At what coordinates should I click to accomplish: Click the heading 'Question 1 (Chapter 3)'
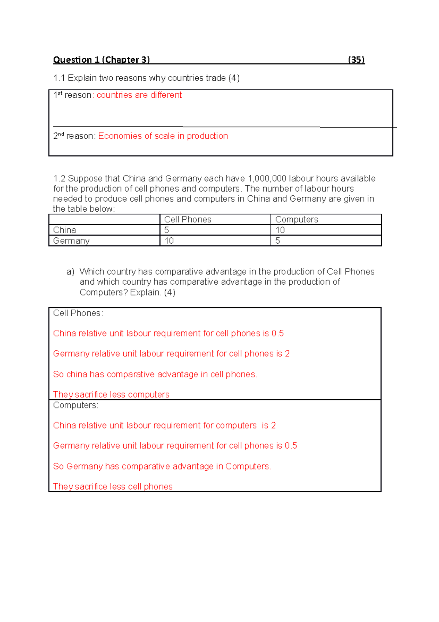tap(101, 60)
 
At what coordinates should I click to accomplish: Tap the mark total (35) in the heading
tap(356, 60)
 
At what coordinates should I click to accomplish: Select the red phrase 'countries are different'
tap(139, 95)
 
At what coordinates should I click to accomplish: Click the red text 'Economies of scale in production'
tap(163, 136)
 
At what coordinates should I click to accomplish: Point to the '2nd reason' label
tap(74, 136)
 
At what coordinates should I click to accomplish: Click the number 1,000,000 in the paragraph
tap(267, 179)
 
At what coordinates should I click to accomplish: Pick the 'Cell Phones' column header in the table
tap(188, 219)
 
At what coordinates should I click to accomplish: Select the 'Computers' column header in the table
tap(296, 219)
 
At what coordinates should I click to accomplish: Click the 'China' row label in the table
tap(65, 230)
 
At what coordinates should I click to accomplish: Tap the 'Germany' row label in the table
tap(71, 241)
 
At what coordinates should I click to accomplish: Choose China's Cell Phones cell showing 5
tap(166, 230)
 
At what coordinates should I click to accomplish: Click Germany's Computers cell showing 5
tap(278, 241)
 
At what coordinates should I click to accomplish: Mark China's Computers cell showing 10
tap(280, 230)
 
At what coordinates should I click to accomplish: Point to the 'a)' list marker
tap(70, 272)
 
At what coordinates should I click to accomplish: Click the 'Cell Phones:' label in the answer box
tap(78, 313)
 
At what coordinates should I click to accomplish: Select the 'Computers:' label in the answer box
tap(76, 406)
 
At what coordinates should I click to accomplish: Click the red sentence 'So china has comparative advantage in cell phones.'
tap(155, 374)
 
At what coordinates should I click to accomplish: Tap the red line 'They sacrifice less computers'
tap(111, 395)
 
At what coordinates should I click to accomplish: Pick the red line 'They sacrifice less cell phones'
tap(113, 486)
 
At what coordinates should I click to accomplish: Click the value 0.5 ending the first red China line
tap(277, 334)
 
